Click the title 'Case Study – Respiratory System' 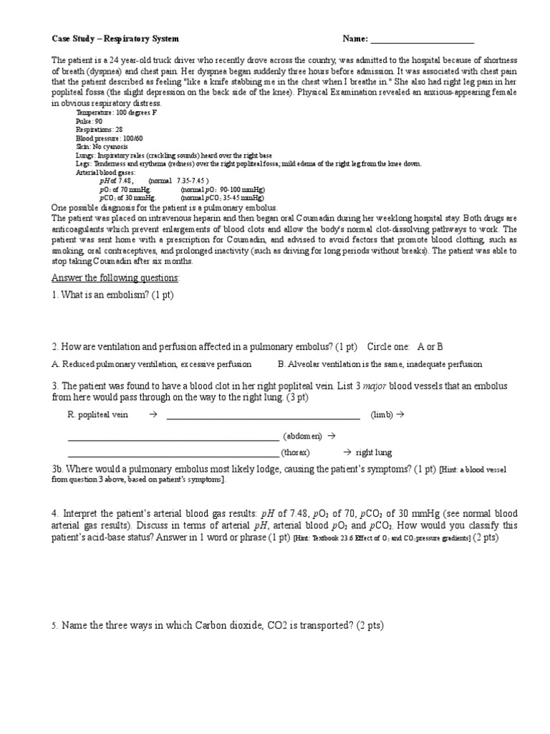pos(116,39)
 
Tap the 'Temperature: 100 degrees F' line pos(116,113)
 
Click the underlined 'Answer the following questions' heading pos(117,278)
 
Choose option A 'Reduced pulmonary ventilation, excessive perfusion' pos(152,364)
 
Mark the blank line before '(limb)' pos(263,417)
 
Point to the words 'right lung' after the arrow pos(374,453)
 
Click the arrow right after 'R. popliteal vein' pos(153,415)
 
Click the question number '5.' pos(54,626)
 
